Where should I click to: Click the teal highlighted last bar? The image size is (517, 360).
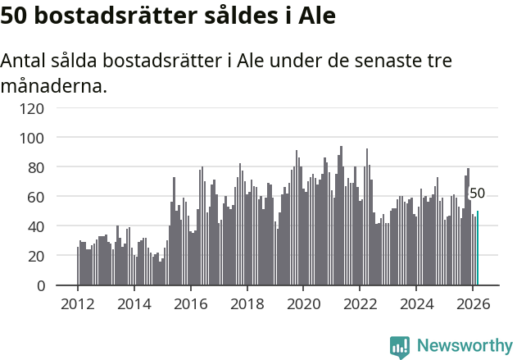478,248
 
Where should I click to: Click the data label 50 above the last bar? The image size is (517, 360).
477,194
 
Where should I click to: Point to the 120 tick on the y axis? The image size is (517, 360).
55,108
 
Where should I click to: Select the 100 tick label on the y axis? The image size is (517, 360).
55,138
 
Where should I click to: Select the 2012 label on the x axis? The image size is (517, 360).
78,304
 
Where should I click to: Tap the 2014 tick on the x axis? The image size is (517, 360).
134,304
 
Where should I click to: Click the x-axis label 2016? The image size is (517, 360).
190,304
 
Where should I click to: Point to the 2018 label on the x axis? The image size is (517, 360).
247,304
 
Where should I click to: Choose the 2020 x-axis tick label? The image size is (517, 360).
303,304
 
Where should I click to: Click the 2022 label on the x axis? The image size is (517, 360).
360,304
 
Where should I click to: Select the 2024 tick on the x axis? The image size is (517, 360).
416,304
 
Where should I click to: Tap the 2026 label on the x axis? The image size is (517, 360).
473,304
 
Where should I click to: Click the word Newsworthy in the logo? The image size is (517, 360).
465,346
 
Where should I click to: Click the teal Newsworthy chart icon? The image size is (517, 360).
400,347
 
